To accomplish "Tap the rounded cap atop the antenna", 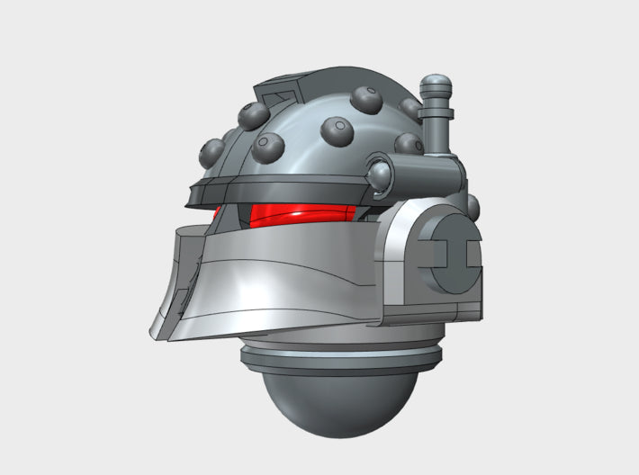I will [436, 88].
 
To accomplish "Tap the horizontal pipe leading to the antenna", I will [423, 168].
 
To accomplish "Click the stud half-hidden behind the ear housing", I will [472, 207].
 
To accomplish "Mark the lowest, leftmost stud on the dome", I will [212, 150].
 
